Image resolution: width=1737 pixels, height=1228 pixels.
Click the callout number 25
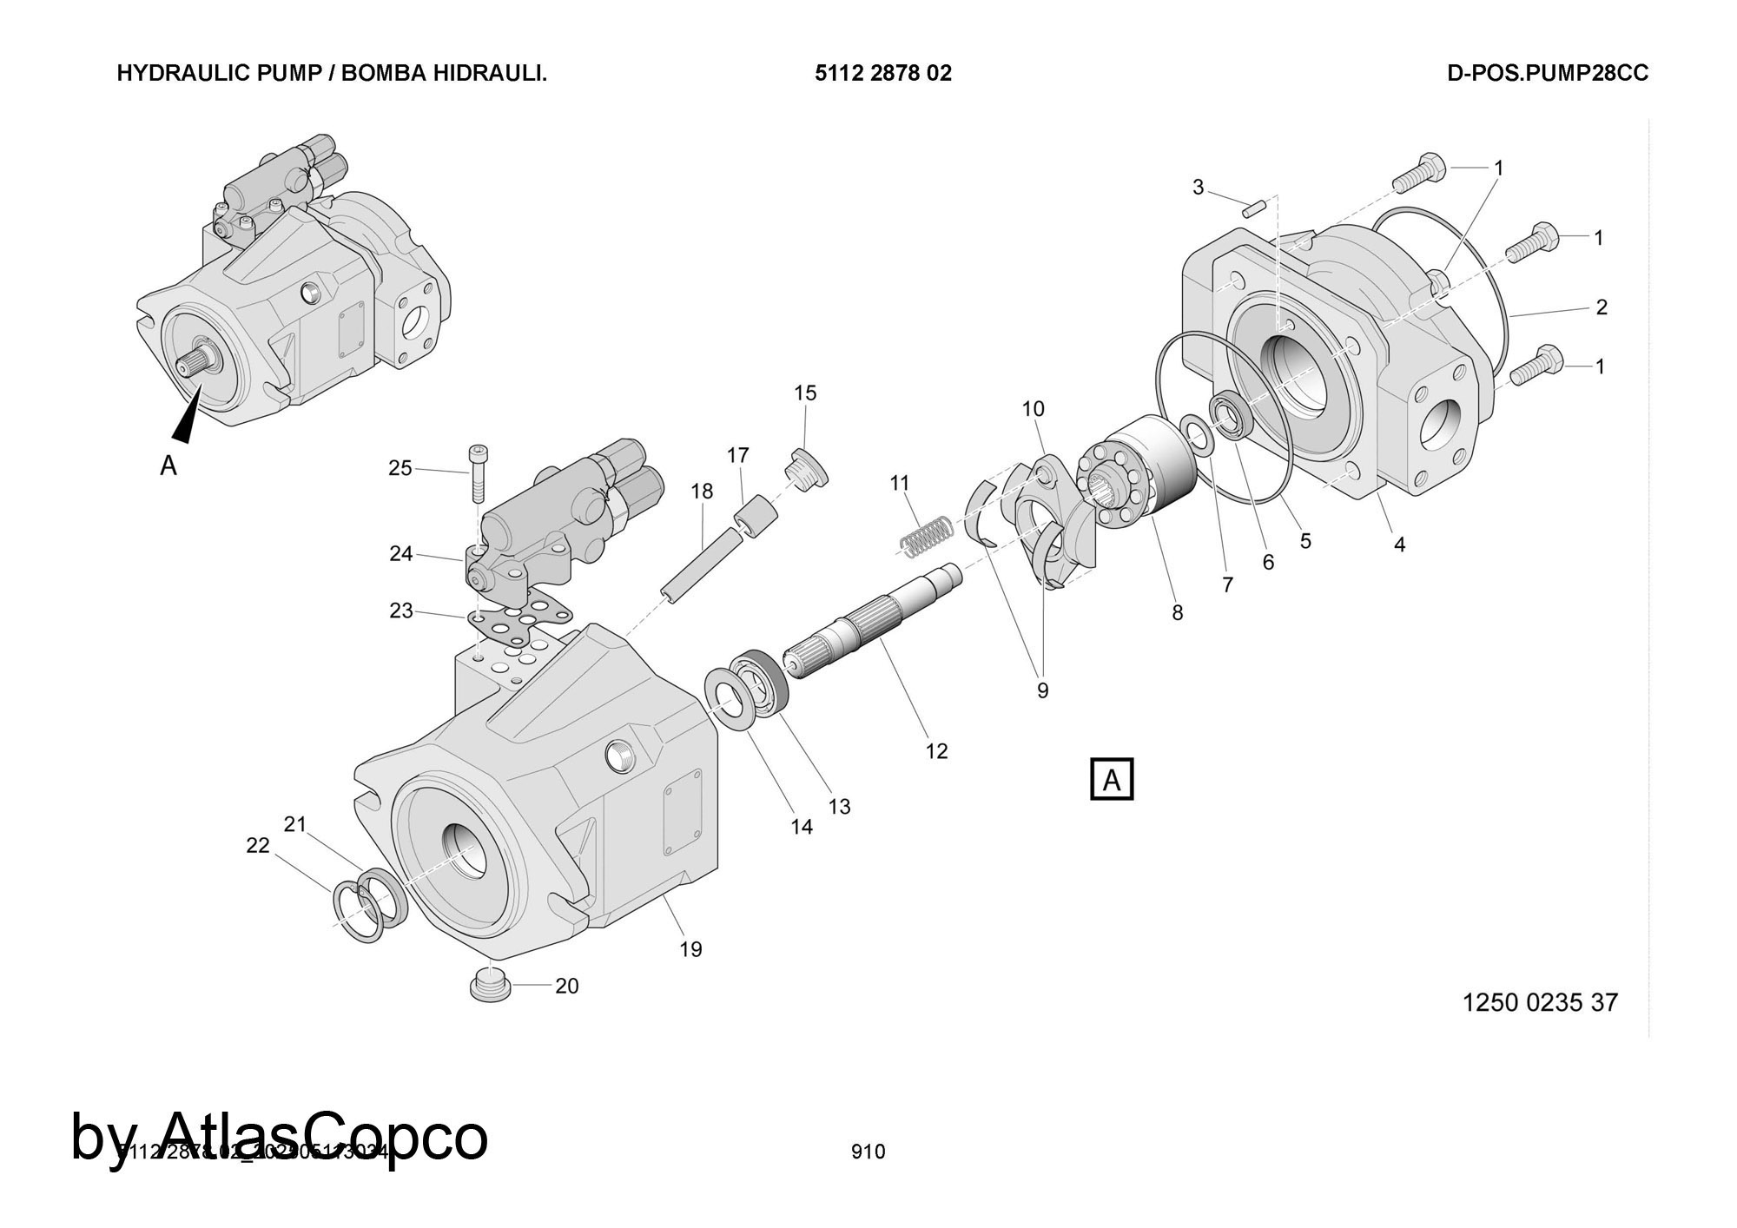point(400,469)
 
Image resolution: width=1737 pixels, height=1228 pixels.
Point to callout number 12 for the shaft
point(936,751)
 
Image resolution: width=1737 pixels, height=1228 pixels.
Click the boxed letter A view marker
point(1112,780)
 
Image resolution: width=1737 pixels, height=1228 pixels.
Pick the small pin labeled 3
point(1251,208)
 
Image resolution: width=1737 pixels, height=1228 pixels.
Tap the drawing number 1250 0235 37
point(1540,1003)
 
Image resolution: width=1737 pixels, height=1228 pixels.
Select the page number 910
point(868,1152)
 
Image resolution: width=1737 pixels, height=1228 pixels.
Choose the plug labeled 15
point(808,468)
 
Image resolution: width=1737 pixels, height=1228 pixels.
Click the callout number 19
point(690,949)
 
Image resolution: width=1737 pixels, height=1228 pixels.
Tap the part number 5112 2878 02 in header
point(882,74)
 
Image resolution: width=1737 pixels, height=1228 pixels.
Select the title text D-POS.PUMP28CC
point(1547,74)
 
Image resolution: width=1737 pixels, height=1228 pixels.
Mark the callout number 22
point(258,845)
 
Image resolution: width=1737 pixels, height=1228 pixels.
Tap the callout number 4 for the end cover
point(1399,545)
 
